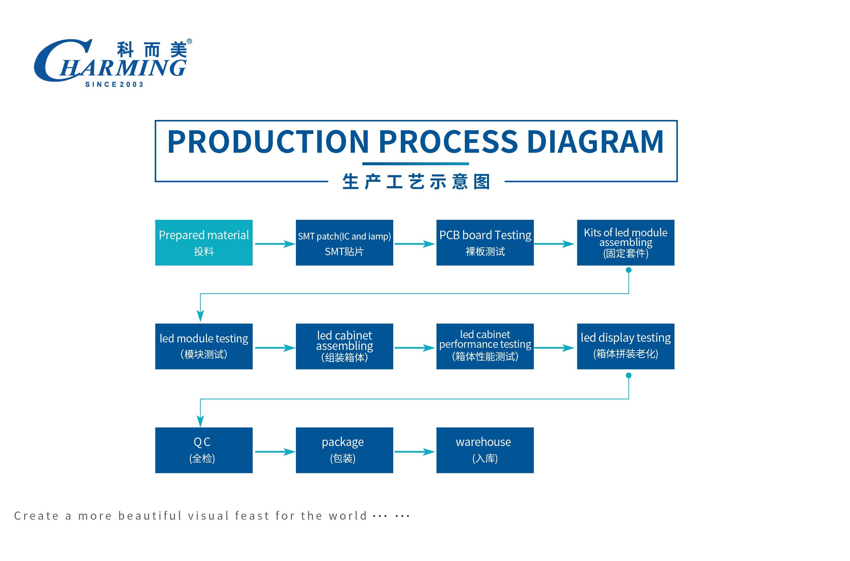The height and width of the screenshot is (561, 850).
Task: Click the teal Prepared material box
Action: [204, 242]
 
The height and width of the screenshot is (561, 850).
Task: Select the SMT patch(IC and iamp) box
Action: [344, 242]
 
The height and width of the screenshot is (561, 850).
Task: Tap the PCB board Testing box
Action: [485, 242]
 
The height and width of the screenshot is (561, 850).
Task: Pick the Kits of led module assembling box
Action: [626, 242]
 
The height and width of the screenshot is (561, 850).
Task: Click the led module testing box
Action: [204, 346]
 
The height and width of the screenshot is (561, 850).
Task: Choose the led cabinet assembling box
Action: [344, 346]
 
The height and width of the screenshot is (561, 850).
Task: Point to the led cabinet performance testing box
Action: [485, 346]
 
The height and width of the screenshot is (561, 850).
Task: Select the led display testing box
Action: [626, 346]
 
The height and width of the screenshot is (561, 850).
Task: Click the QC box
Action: [204, 450]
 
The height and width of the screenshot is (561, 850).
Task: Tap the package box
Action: [344, 450]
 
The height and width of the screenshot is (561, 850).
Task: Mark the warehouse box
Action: [485, 450]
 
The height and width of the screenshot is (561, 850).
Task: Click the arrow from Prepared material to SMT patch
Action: [275, 244]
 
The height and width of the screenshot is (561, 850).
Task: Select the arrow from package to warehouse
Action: [415, 451]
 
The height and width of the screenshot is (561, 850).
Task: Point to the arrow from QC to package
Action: [275, 451]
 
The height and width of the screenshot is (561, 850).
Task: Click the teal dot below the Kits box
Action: [629, 270]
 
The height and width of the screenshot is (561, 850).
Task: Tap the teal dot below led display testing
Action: [629, 375]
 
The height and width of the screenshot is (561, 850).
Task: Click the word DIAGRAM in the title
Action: [595, 142]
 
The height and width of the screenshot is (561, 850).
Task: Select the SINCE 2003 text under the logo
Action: [115, 84]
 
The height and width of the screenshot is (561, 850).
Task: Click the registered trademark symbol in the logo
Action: [190, 41]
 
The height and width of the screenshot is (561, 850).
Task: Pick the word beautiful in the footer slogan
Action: [150, 515]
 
